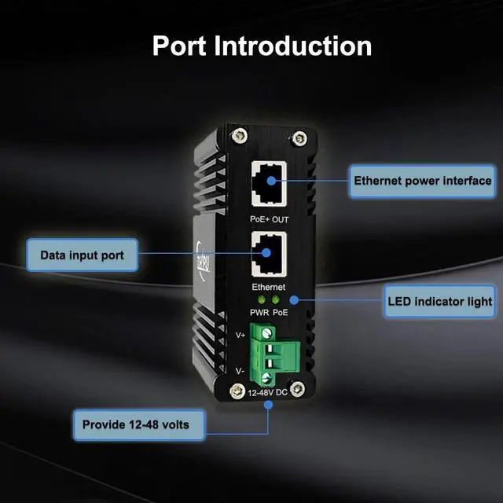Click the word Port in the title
[180, 45]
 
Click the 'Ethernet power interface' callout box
[423, 181]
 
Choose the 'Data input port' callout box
[82, 255]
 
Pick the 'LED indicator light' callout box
[439, 300]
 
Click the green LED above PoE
[275, 300]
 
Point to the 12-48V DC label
[267, 391]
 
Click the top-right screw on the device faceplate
[298, 140]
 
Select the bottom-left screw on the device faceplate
[235, 391]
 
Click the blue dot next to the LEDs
[293, 300]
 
